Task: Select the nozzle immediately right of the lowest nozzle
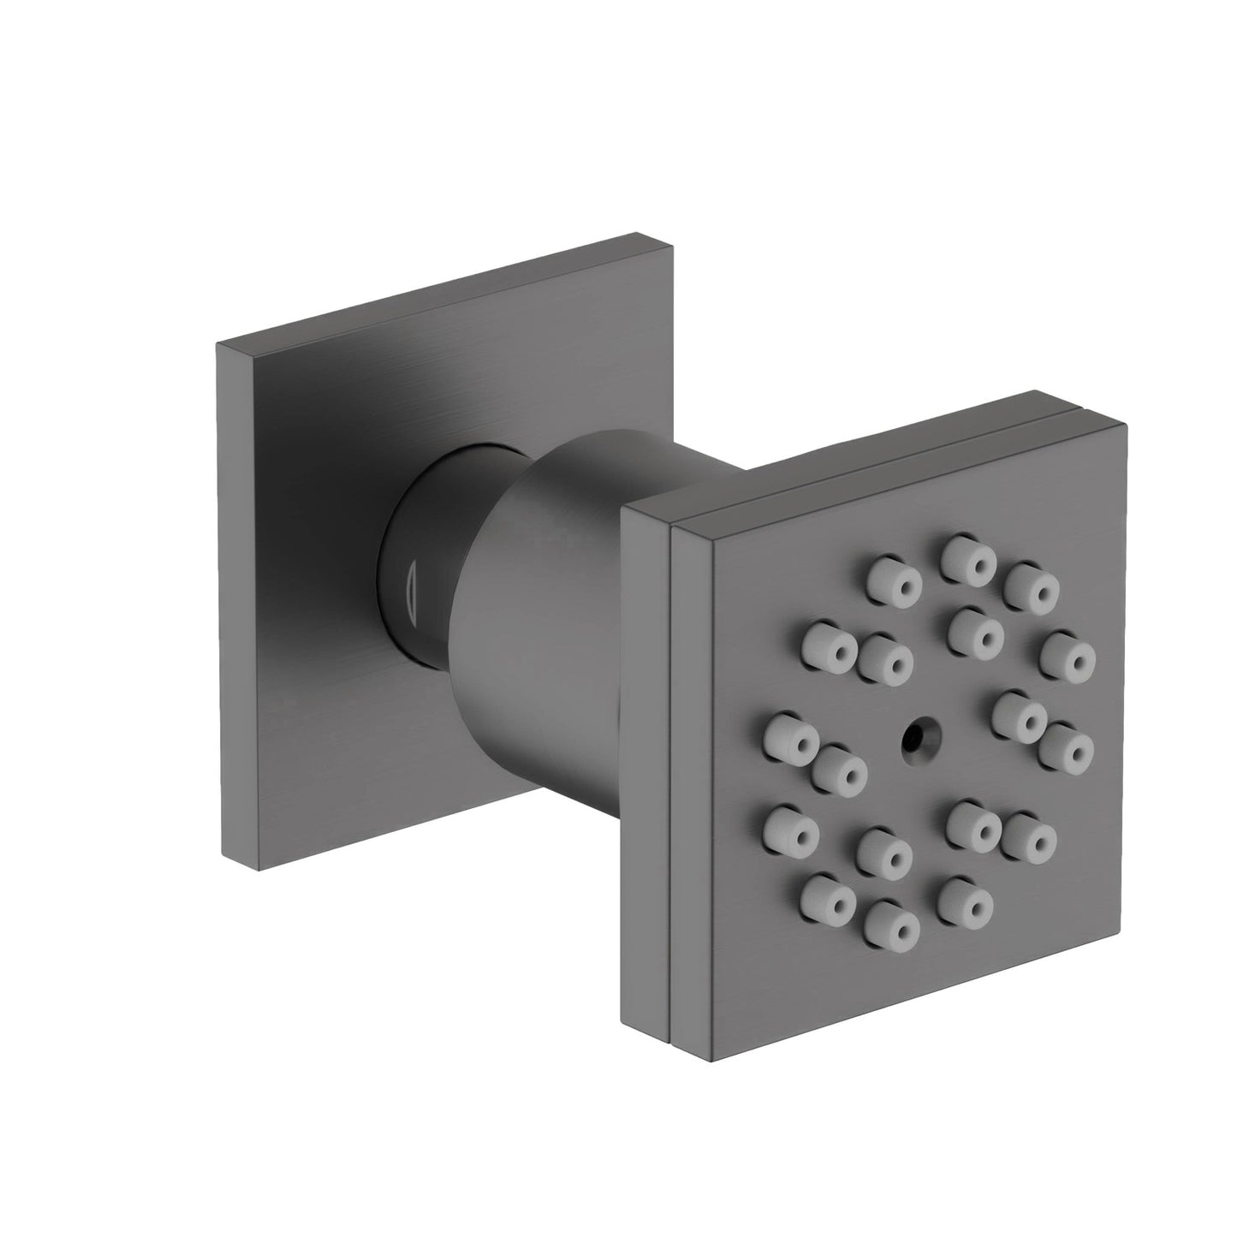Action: [x=964, y=899]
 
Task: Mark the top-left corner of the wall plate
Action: [x=217, y=343]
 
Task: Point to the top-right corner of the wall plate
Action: [x=638, y=232]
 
